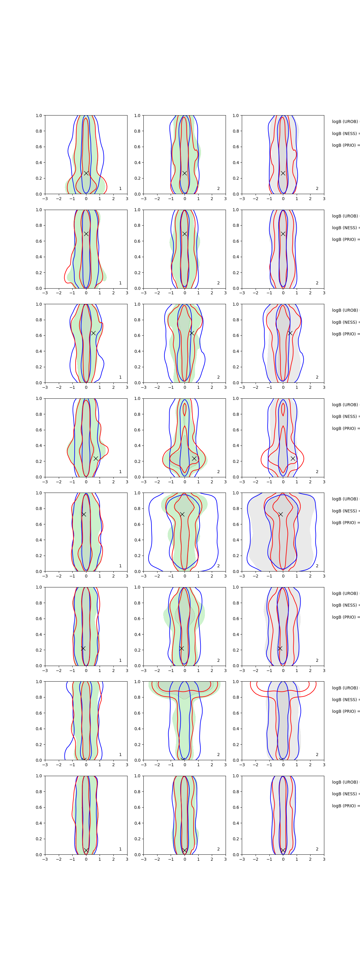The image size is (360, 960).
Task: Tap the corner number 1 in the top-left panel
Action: coord(120,189)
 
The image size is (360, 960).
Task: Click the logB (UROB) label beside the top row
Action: coord(345,121)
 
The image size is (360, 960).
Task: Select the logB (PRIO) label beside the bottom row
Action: coord(345,806)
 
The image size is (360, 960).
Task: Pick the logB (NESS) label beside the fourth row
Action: coord(345,416)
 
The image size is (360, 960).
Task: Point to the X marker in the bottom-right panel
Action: coord(283,850)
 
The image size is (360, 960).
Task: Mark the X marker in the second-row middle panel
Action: coord(184,234)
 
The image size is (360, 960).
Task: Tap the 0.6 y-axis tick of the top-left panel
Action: coord(39,147)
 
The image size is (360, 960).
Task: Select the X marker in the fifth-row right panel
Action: coord(280,514)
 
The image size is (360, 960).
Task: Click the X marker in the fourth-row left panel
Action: coord(96,458)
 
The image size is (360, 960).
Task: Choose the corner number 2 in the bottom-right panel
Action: coord(317,849)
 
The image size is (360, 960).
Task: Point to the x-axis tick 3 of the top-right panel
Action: coord(324,199)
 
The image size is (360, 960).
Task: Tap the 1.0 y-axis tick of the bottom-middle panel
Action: coord(137,776)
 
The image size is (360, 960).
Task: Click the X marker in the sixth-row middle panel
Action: coord(181,648)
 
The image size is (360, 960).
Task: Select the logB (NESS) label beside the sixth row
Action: coord(345,605)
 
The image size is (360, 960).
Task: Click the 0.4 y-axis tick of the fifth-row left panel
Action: coord(39,540)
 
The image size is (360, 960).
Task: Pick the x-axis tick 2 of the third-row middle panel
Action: coord(212,388)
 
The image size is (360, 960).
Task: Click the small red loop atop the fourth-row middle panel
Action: coord(184,409)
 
